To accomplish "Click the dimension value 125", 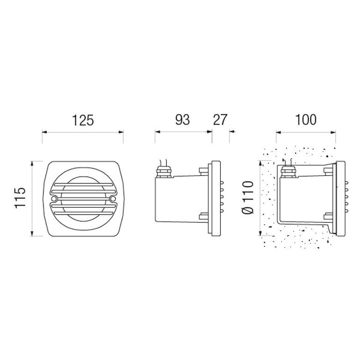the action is (83, 120).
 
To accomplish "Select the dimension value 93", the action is (182, 120).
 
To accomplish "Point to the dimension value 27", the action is (220, 120).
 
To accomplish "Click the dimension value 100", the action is (306, 120).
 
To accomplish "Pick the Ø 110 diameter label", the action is (248, 197).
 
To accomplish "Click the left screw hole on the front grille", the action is (54, 198).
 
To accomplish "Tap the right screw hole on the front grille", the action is (113, 199).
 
